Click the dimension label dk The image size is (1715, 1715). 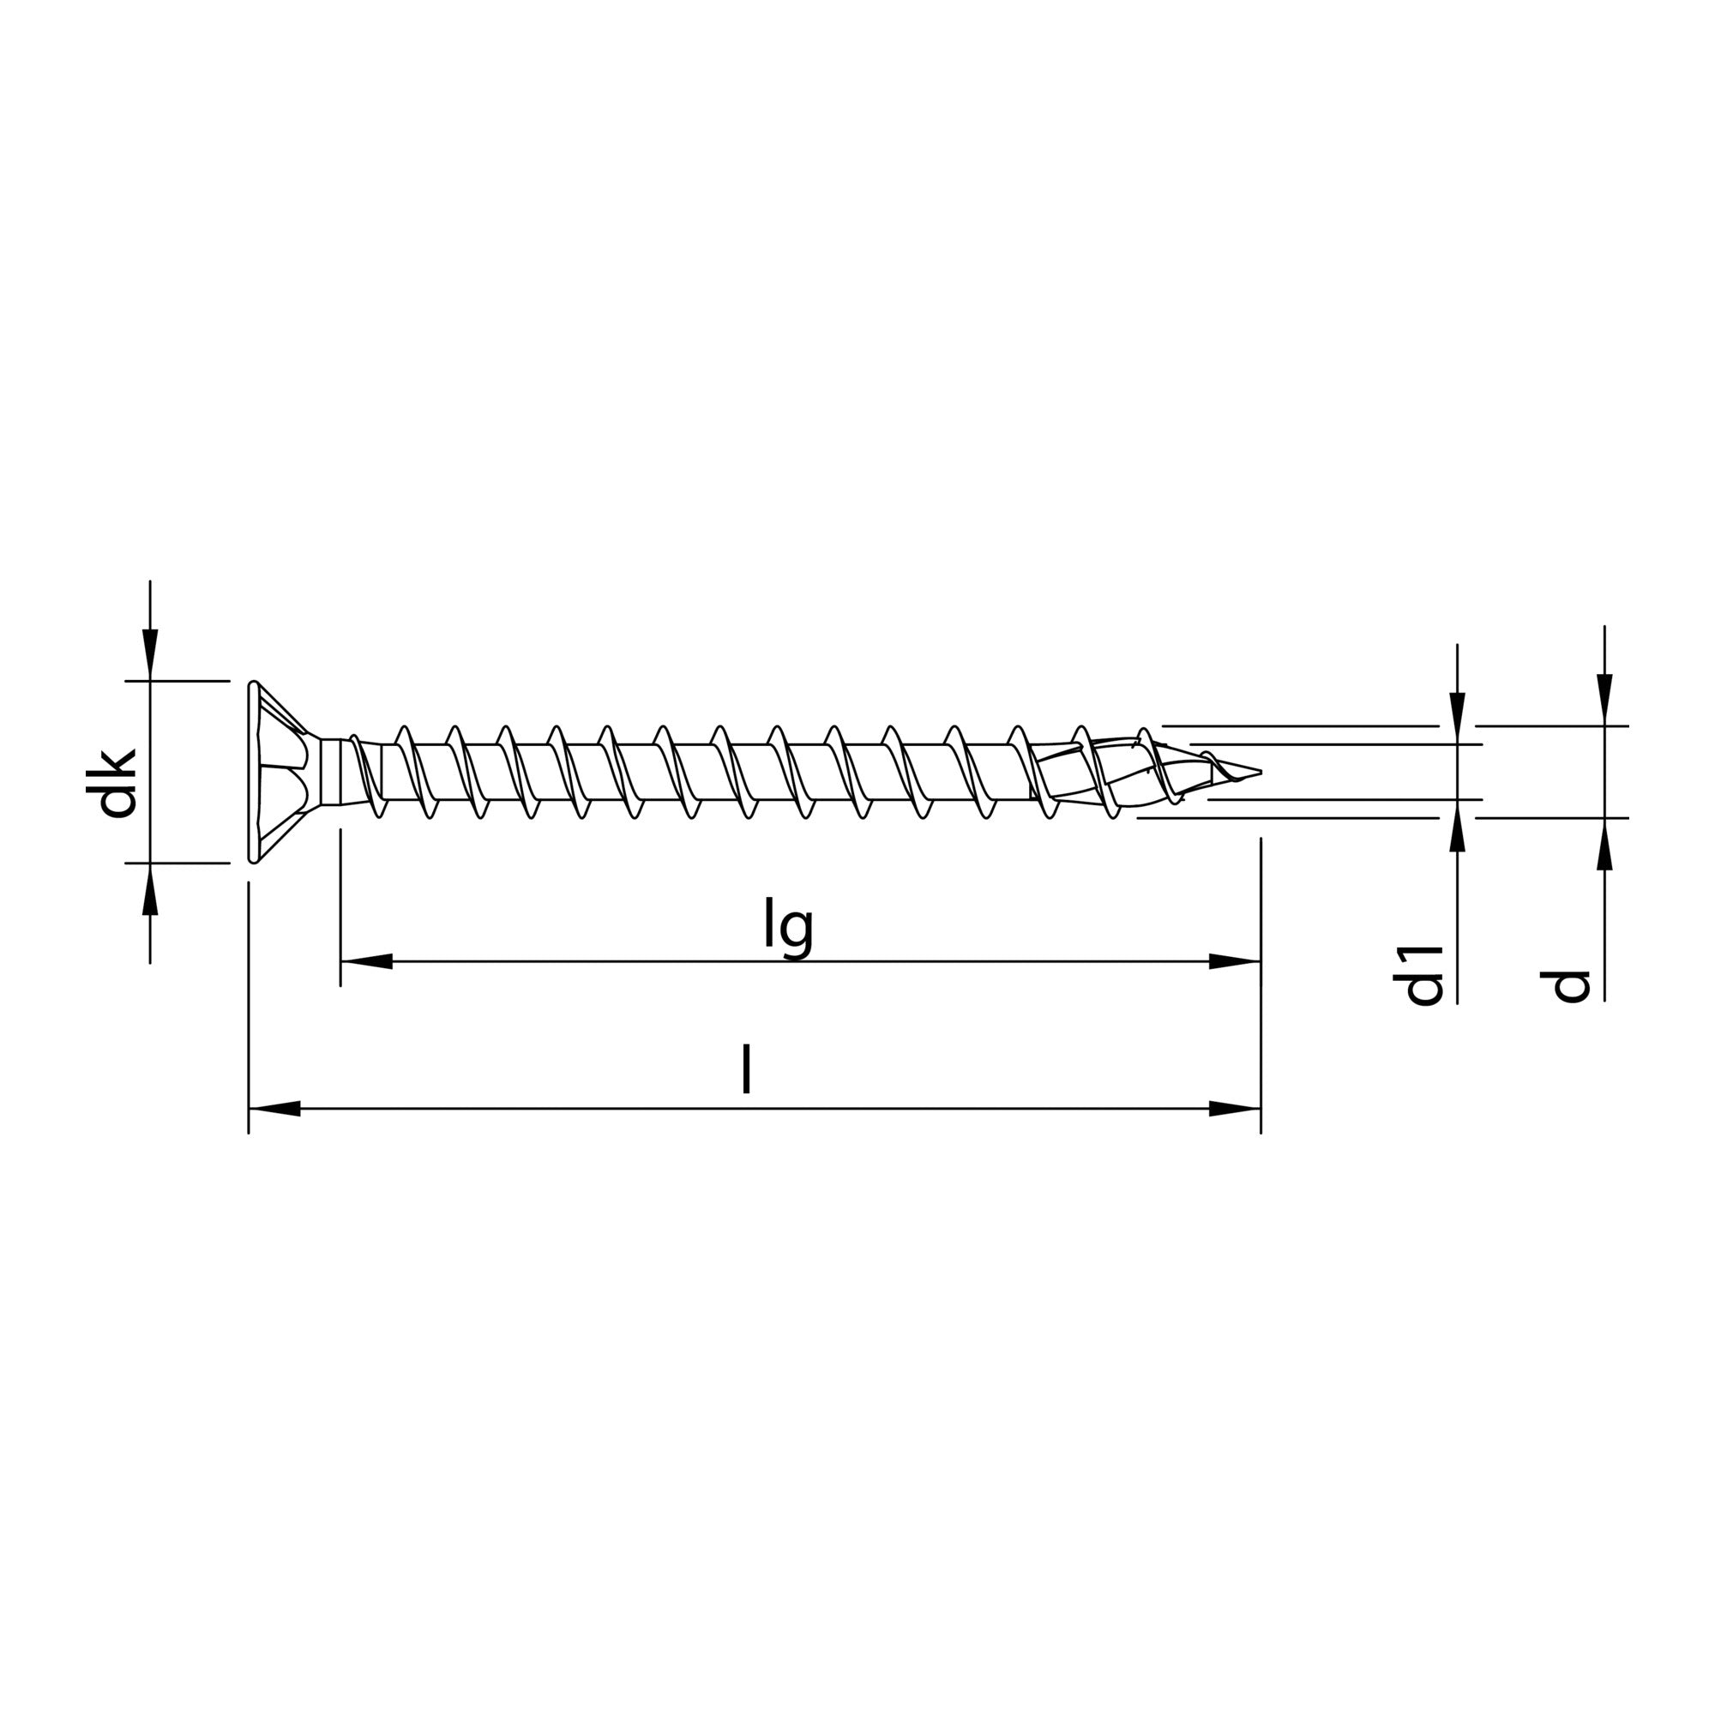tap(117, 784)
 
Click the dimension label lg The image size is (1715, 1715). tap(787, 929)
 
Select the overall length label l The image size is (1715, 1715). tap(747, 1069)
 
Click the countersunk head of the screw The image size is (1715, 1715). tap(275, 772)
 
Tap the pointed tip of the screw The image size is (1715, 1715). tap(1254, 771)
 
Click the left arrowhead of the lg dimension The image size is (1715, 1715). tap(366, 961)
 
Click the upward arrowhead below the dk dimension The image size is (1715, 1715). tap(150, 888)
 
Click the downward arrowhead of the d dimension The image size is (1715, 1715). tap(1604, 701)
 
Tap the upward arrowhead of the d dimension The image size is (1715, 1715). tap(1604, 843)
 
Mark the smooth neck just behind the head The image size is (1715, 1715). tap(335, 772)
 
